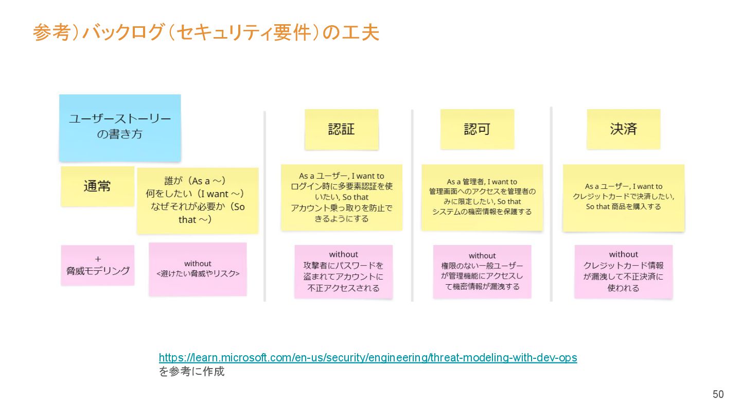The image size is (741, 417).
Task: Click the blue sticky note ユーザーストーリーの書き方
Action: tap(120, 127)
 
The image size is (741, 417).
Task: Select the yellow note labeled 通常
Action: tap(97, 186)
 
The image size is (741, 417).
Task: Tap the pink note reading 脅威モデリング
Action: tap(97, 265)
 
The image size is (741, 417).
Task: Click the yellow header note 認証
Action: tap(341, 129)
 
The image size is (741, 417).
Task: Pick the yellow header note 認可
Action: tap(477, 129)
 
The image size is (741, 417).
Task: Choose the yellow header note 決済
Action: tap(623, 129)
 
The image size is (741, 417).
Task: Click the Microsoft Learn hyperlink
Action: tap(367, 357)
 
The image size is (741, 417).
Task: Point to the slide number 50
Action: tap(718, 394)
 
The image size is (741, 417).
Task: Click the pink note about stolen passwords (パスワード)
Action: tap(343, 271)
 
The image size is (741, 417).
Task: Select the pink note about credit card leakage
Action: tap(623, 271)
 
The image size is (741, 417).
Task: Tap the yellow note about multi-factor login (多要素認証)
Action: tap(341, 197)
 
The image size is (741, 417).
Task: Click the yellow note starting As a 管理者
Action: tap(482, 197)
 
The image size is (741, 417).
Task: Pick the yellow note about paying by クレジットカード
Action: tap(623, 197)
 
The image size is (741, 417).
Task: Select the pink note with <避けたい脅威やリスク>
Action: tap(198, 269)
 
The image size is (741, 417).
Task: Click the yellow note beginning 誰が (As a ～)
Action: tap(198, 200)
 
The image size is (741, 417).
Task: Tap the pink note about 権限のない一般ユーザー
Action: tap(482, 271)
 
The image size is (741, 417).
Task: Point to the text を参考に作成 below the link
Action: tap(191, 371)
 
